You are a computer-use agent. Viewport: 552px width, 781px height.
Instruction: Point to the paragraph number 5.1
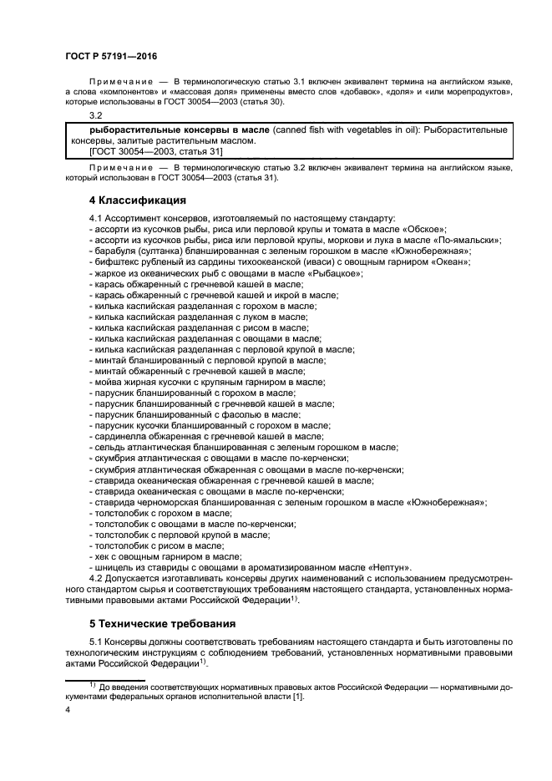(96, 642)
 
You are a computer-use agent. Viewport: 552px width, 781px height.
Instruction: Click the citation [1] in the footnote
(297, 697)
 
